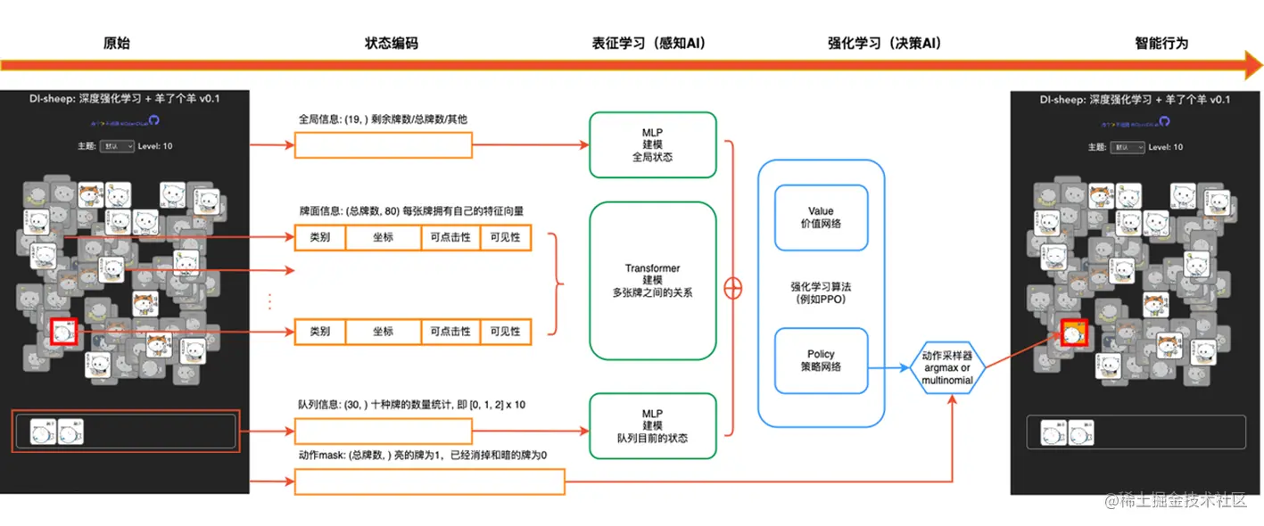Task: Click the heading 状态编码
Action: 391,43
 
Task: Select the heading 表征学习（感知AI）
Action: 649,43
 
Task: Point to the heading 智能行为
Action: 1161,43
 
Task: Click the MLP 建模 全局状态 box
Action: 653,144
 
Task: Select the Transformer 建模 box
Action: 653,280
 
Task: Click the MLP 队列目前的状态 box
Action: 653,426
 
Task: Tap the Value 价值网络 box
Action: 821,218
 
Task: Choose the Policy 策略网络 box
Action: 821,360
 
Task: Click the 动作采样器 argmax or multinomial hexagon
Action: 947,368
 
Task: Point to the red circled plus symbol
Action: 733,289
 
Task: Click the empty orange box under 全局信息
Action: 384,145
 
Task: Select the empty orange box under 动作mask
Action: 430,482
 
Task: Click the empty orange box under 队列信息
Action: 384,432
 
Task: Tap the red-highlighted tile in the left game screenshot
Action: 63,333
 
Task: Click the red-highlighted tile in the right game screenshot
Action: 1075,335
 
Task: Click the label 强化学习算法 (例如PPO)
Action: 821,292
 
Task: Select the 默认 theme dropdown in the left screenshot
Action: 117,146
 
